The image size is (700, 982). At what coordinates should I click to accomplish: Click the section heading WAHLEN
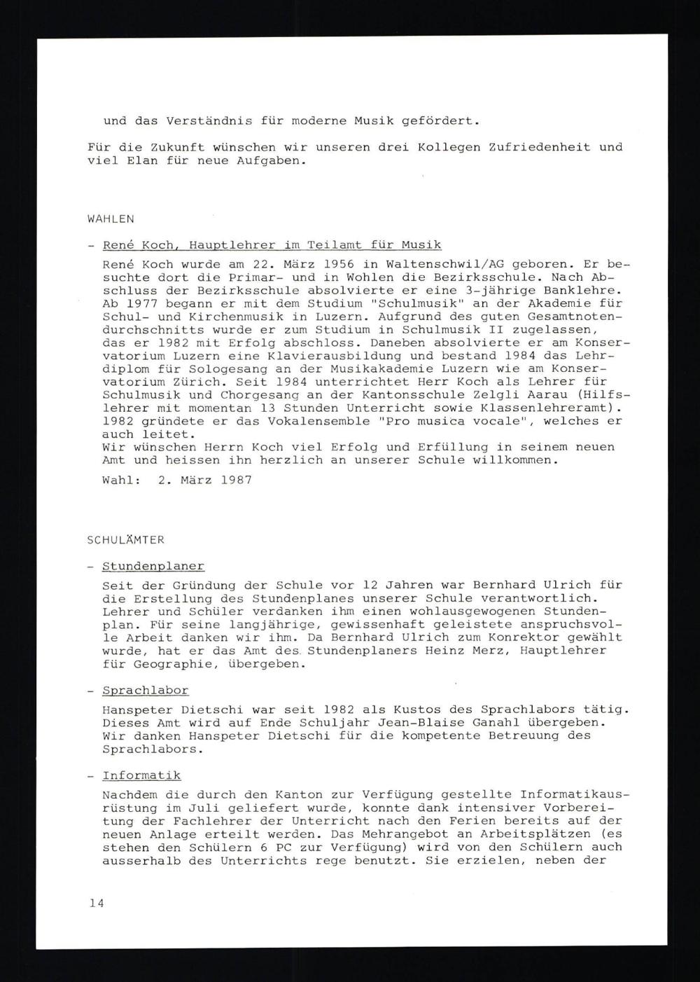(x=111, y=219)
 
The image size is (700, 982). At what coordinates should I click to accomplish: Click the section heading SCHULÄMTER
(x=126, y=540)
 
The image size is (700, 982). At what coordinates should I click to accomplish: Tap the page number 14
(x=97, y=904)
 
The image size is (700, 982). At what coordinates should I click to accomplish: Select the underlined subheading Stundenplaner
(x=153, y=567)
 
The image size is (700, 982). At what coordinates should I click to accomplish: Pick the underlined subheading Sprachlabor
(x=146, y=691)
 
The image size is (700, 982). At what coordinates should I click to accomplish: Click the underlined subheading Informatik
(x=141, y=775)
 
